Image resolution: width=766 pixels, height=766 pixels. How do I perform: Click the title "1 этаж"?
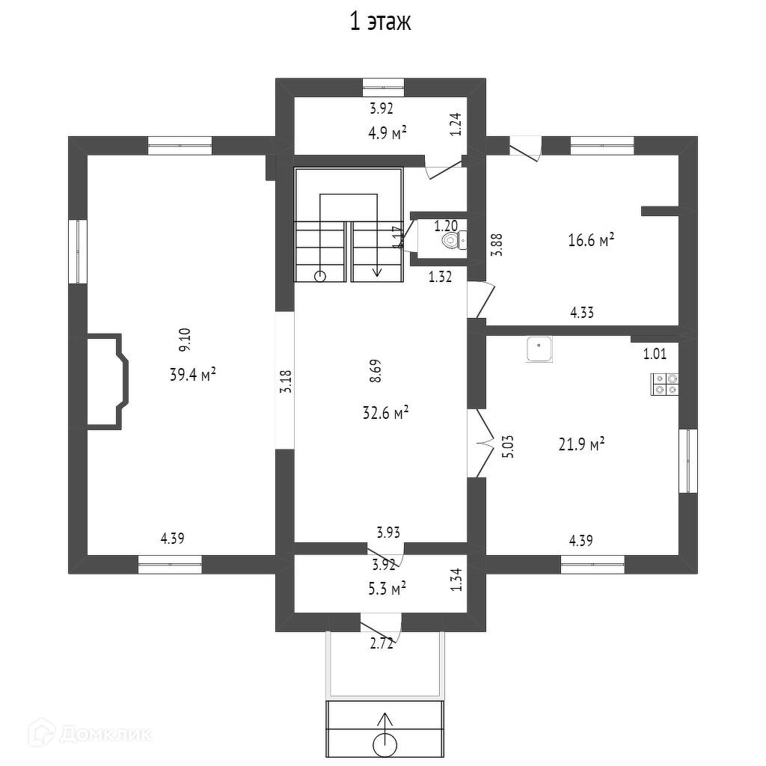pos(381,22)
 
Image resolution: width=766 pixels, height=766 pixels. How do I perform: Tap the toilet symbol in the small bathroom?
pos(450,240)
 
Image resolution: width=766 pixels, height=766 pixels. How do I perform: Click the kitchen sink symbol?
pos(539,349)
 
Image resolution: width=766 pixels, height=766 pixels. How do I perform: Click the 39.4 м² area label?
pos(192,375)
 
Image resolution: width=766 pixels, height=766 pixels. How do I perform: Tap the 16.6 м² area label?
pos(591,240)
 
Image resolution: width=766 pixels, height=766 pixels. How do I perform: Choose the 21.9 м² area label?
pos(581,444)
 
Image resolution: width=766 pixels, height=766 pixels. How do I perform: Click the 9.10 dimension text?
pos(184,341)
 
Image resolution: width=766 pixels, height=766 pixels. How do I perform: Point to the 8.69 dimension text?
pos(376,372)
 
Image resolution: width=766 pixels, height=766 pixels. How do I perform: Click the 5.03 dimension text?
pos(506,447)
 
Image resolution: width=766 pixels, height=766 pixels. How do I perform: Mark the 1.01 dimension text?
pos(655,354)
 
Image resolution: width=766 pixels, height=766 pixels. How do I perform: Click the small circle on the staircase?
pos(321,275)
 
